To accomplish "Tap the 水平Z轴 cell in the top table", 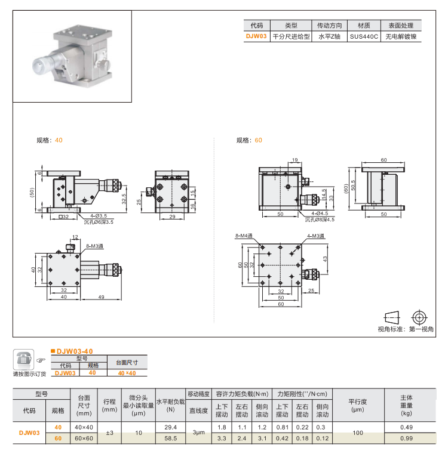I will [x=329, y=36].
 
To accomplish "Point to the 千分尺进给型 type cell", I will [x=291, y=36].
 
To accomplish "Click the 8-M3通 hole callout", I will [x=94, y=246].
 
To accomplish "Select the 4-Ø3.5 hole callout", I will [x=99, y=215].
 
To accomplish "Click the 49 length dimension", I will [x=102, y=297].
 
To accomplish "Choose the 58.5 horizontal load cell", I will [x=170, y=439].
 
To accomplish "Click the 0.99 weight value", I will [x=406, y=439].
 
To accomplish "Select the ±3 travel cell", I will [x=109, y=433].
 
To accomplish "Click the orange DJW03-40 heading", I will [x=74, y=351].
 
